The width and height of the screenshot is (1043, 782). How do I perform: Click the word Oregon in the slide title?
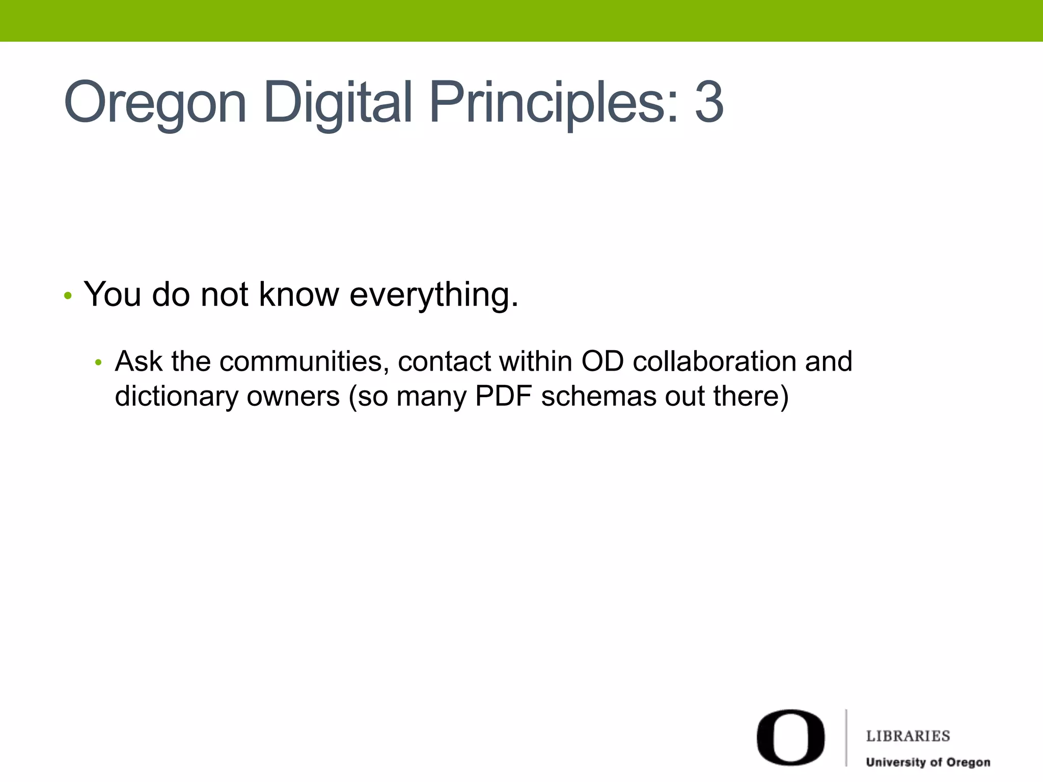pyautogui.click(x=155, y=103)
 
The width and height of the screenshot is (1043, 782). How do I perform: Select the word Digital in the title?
pyautogui.click(x=338, y=103)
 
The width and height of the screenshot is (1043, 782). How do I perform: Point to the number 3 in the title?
pyautogui.click(x=708, y=103)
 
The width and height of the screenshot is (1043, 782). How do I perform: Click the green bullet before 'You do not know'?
pyautogui.click(x=68, y=296)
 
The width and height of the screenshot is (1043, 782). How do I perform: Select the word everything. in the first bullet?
pyautogui.click(x=434, y=295)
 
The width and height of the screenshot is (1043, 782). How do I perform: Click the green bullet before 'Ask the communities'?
pyautogui.click(x=99, y=363)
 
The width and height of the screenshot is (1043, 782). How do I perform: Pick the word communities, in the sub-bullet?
pyautogui.click(x=304, y=362)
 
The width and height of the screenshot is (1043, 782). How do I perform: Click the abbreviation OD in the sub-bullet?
pyautogui.click(x=602, y=361)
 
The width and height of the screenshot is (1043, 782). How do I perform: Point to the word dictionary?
pyautogui.click(x=176, y=397)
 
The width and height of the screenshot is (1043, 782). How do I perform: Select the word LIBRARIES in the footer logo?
pyautogui.click(x=908, y=736)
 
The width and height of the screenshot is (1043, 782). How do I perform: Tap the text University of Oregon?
pyautogui.click(x=928, y=762)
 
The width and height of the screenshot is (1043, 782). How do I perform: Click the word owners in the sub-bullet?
pyautogui.click(x=293, y=397)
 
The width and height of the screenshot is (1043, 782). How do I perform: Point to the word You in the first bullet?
pyautogui.click(x=113, y=294)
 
